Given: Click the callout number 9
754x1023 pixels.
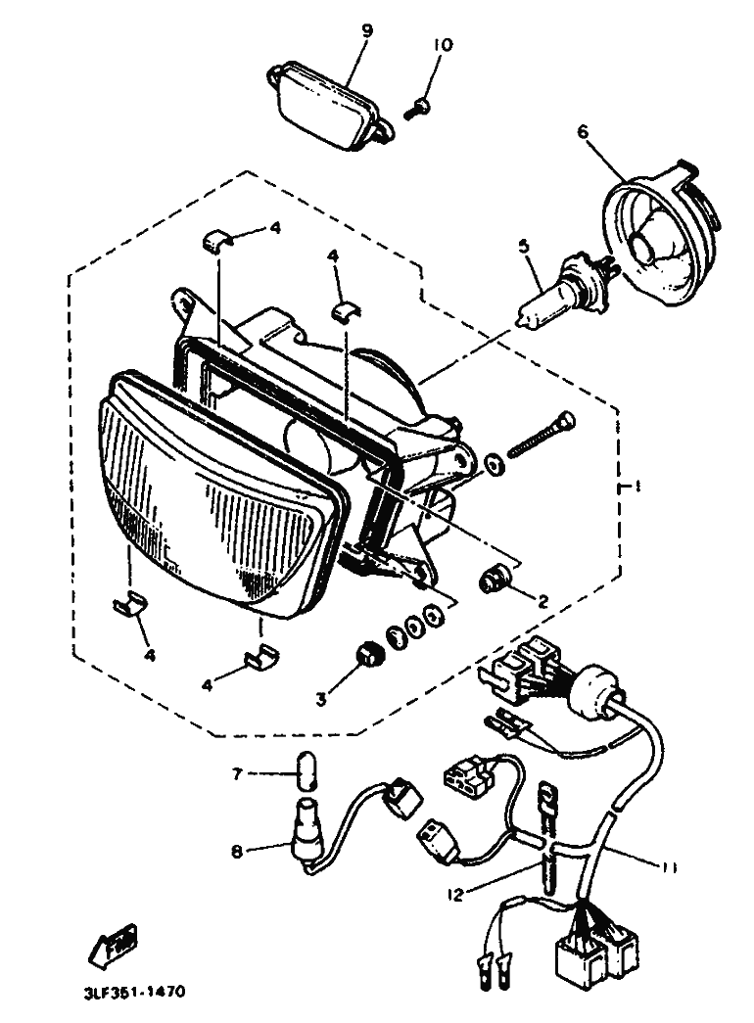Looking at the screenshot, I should [x=366, y=30].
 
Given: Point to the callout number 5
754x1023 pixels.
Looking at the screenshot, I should [x=526, y=248].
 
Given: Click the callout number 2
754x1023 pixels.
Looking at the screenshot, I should [x=542, y=602].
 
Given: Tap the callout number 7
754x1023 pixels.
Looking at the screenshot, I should [x=237, y=774].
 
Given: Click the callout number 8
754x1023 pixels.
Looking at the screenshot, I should [x=237, y=851].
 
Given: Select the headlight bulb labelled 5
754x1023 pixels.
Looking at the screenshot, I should [x=556, y=290].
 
